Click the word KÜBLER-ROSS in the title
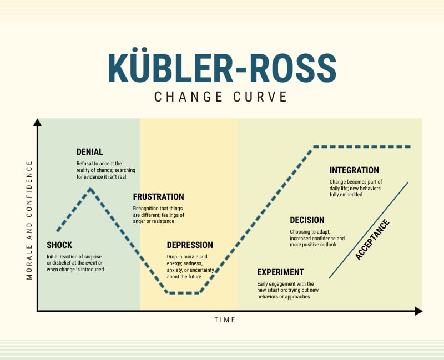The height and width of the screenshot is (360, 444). (x=221, y=68)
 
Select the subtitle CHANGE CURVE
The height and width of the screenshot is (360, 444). (x=221, y=97)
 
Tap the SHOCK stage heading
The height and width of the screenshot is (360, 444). (x=59, y=245)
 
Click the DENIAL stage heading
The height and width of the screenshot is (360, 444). (x=89, y=152)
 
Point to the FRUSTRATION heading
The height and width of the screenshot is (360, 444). (x=158, y=197)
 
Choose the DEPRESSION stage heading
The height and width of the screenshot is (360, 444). (x=190, y=245)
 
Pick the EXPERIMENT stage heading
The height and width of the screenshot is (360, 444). (x=280, y=272)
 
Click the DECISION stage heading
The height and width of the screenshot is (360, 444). (x=307, y=220)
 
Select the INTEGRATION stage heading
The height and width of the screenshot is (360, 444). (x=354, y=170)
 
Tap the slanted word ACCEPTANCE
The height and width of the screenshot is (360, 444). (x=372, y=240)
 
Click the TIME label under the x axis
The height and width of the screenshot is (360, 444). (x=225, y=320)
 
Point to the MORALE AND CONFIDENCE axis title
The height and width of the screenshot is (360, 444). (x=29, y=220)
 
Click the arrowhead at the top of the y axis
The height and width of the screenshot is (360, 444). (x=37, y=122)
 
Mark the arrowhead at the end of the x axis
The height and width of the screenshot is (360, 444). (x=418, y=311)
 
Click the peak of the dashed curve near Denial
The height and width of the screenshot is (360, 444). (x=90, y=189)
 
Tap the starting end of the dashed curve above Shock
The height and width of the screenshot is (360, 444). (x=58, y=230)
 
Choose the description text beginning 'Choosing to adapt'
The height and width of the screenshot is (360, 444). (x=317, y=238)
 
